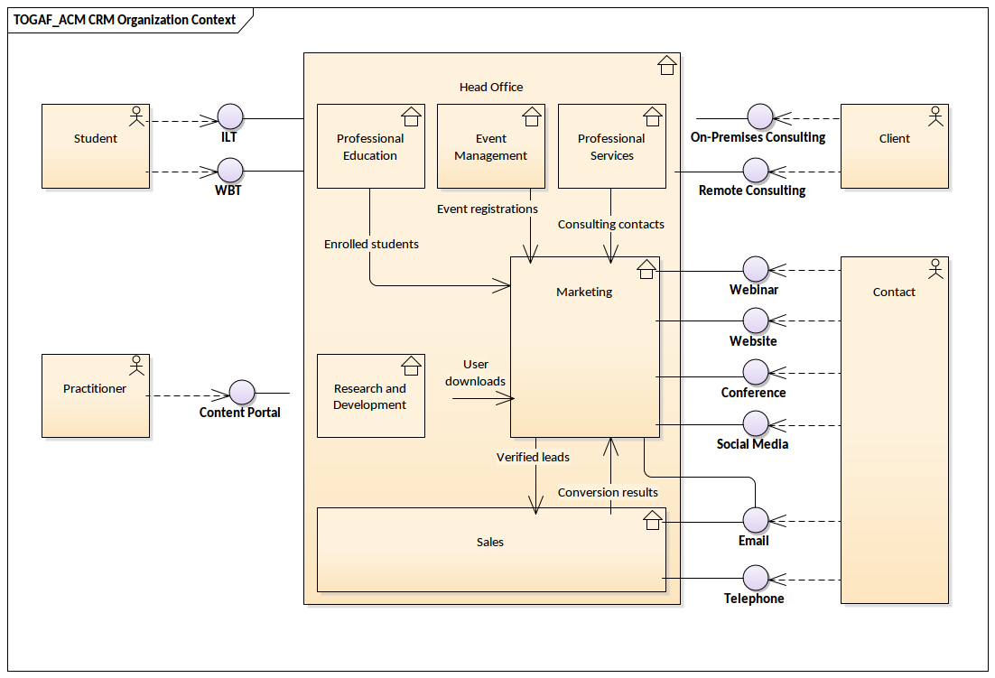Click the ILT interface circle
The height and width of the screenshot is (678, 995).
pos(230,117)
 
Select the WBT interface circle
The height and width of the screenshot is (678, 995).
pos(230,171)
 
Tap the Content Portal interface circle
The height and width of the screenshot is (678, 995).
pos(242,393)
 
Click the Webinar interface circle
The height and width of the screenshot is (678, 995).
pos(755,269)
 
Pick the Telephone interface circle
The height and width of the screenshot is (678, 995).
pos(755,578)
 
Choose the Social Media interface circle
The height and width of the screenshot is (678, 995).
pos(755,423)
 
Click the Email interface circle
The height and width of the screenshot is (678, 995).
pos(755,520)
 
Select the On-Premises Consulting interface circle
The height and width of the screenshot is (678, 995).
pos(760,117)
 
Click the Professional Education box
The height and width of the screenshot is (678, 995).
pos(370,146)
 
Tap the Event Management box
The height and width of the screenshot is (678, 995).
pos(490,146)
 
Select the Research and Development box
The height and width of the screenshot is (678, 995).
pos(370,396)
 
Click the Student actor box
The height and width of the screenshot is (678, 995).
pos(96,146)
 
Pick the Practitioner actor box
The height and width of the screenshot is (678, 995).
pos(96,395)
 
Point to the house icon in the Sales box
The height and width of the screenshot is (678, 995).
pos(652,520)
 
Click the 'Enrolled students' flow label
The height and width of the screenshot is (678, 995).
pos(371,244)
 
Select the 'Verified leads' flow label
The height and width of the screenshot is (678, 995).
pos(533,457)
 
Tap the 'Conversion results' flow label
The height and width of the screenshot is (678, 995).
pos(608,492)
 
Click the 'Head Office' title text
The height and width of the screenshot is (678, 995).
pos(491,87)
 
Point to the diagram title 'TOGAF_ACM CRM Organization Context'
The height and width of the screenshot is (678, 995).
pos(125,20)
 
